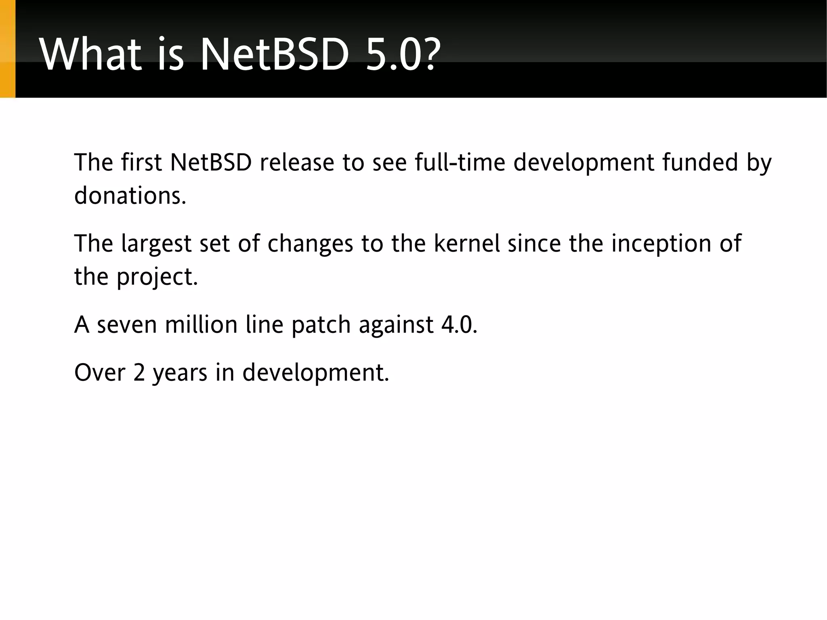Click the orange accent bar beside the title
[7, 48]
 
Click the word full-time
[460, 162]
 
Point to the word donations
[130, 195]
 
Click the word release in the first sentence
[297, 162]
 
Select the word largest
[156, 244]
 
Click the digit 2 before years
[139, 372]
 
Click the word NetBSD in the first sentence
[211, 162]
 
